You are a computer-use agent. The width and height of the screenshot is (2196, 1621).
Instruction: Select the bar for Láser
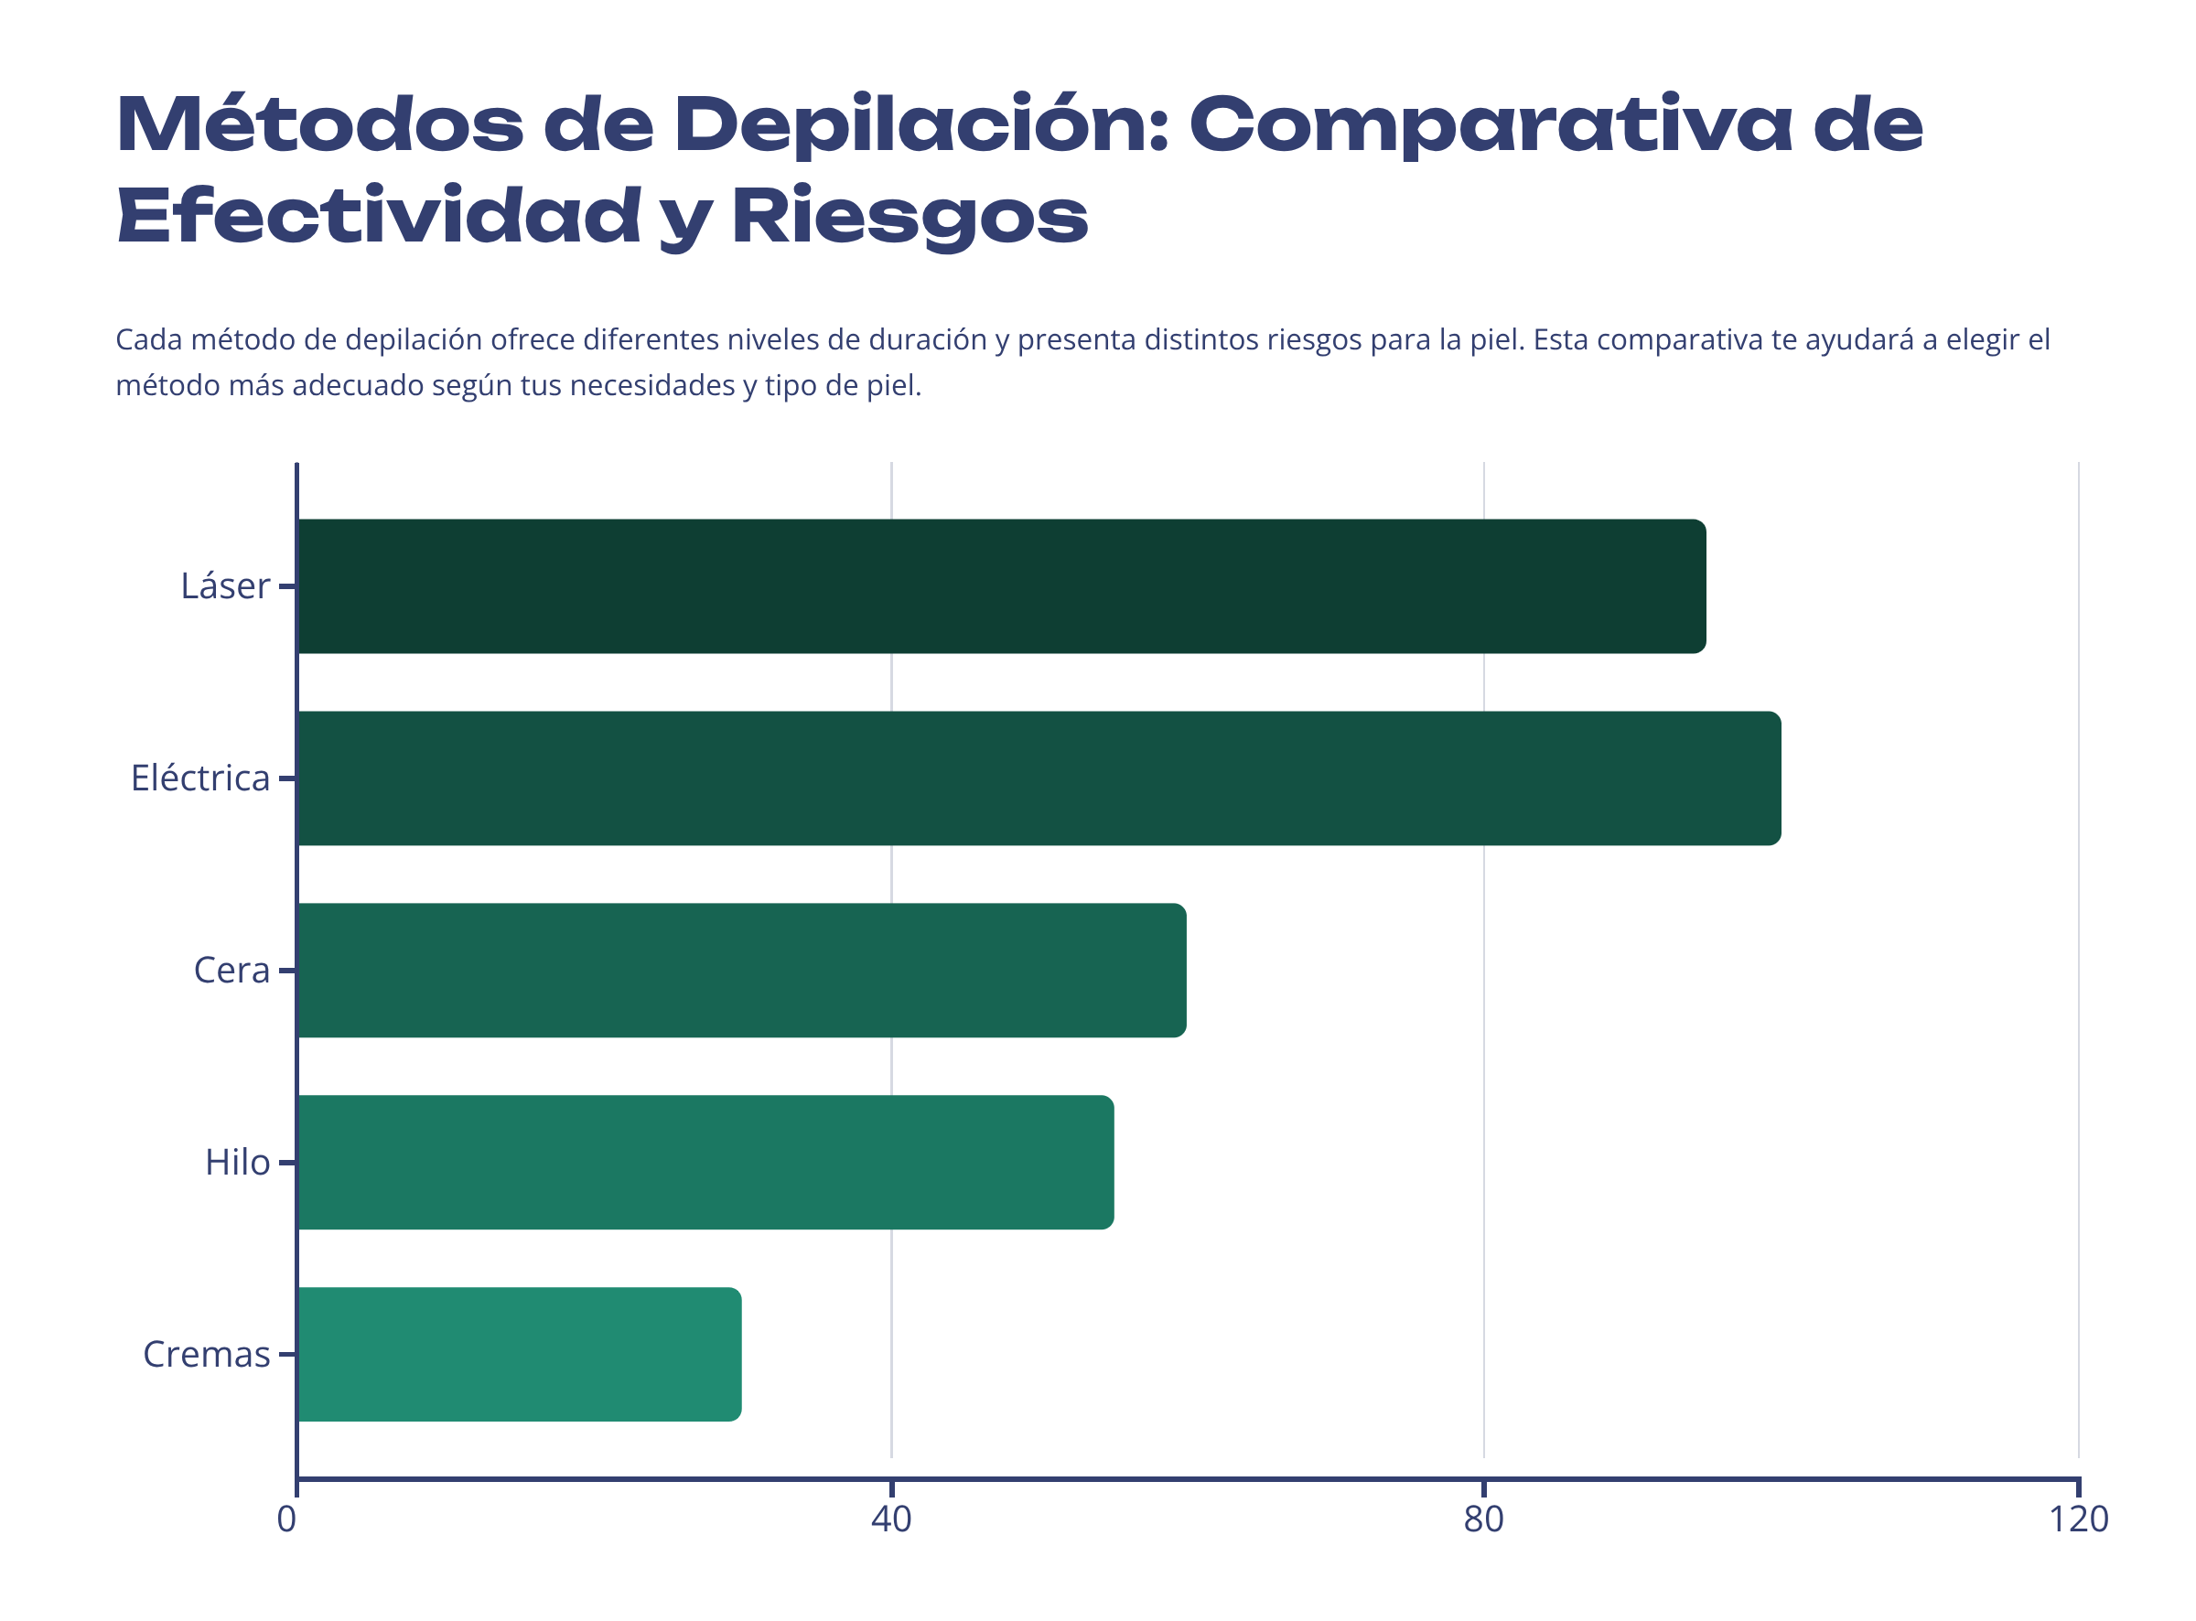(x=1001, y=586)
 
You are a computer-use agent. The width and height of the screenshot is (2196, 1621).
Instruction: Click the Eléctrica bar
(x=1039, y=779)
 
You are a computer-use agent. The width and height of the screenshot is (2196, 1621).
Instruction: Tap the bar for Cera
(x=741, y=972)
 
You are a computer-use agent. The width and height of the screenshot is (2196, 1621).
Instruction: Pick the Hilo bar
(x=705, y=1164)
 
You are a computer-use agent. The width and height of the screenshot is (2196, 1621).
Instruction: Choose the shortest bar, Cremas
(x=518, y=1356)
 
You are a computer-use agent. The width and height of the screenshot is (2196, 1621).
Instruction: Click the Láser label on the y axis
(x=225, y=586)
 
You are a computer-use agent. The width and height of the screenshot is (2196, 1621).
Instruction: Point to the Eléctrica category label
(x=200, y=779)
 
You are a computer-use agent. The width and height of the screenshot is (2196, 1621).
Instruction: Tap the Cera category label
(x=231, y=972)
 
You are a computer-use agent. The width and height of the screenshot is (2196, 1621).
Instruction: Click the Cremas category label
(x=206, y=1356)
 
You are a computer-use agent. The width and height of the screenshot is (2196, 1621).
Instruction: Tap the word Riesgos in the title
(x=910, y=218)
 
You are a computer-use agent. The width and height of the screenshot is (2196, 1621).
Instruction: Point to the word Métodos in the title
(x=320, y=125)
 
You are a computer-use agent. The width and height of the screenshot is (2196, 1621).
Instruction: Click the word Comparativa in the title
(x=1491, y=125)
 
